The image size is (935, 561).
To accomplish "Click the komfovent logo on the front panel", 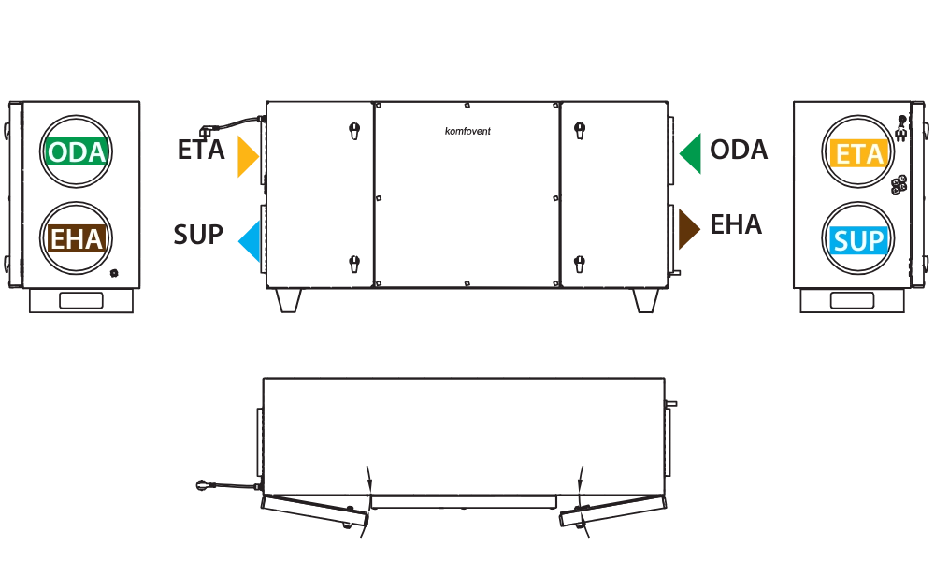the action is pyautogui.click(x=467, y=131).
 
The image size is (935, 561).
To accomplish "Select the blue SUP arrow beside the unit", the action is pyautogui.click(x=251, y=241).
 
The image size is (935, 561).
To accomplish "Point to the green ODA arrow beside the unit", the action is pyautogui.click(x=691, y=154).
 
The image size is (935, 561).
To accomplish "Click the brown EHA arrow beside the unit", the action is pyautogui.click(x=689, y=229).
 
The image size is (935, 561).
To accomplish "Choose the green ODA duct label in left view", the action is pyautogui.click(x=77, y=152).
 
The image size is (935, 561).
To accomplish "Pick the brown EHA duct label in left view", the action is pyautogui.click(x=77, y=239).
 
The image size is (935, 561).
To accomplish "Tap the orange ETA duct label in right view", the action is pyautogui.click(x=858, y=154).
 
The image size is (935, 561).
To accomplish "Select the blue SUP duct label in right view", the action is pyautogui.click(x=858, y=241).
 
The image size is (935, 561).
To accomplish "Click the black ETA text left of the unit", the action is pyautogui.click(x=201, y=150).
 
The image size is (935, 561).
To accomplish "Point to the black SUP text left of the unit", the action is pyautogui.click(x=198, y=235).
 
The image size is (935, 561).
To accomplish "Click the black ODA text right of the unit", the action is pyautogui.click(x=739, y=150).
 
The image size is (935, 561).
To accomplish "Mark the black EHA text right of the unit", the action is pyautogui.click(x=736, y=224).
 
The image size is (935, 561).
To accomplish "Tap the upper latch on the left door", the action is pyautogui.click(x=354, y=131).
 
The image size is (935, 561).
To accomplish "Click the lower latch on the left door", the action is pyautogui.click(x=354, y=264).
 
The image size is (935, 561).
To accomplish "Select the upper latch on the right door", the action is pyautogui.click(x=579, y=131).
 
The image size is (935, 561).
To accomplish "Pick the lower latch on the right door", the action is pyautogui.click(x=579, y=264).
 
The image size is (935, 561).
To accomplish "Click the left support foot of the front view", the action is pyautogui.click(x=289, y=300).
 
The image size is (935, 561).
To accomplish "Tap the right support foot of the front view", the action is pyautogui.click(x=645, y=300).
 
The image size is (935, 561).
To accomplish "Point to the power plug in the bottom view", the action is pyautogui.click(x=203, y=484).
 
